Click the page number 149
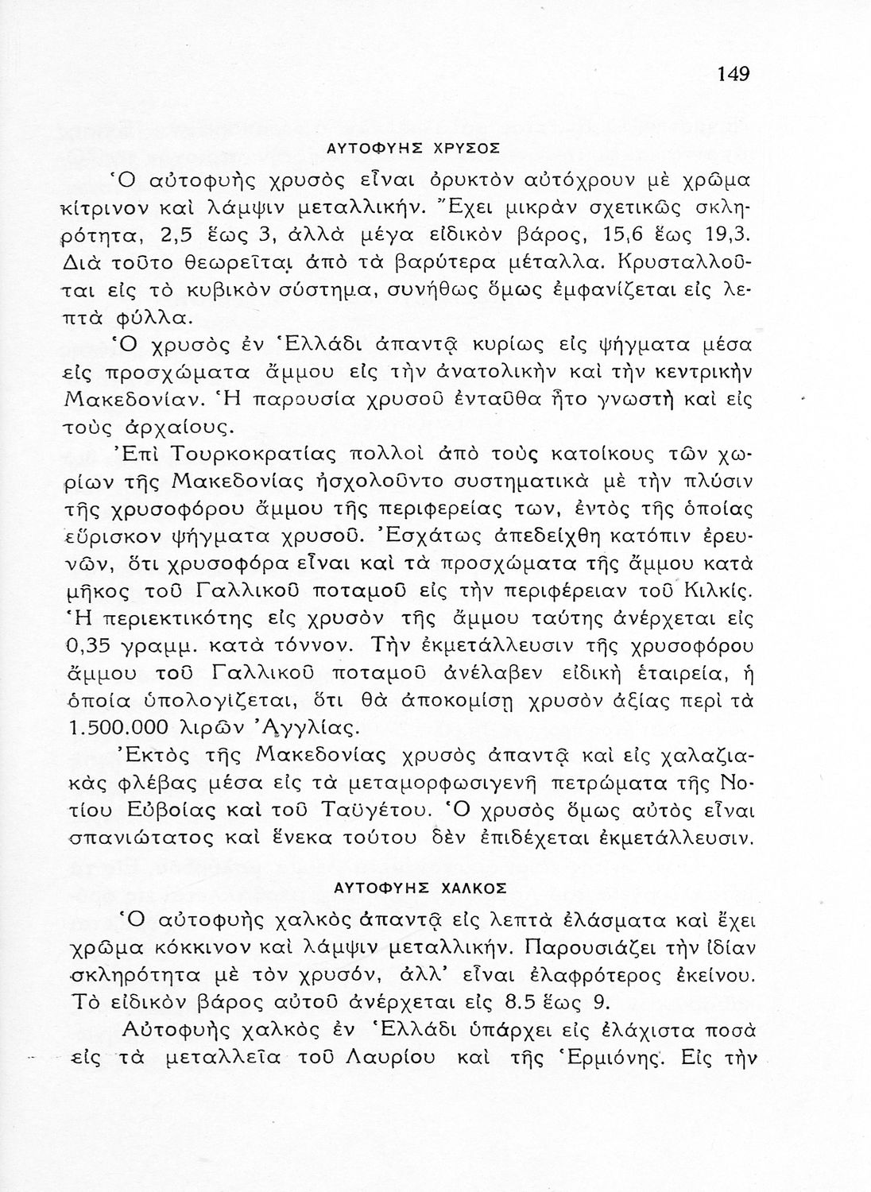coord(733,74)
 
